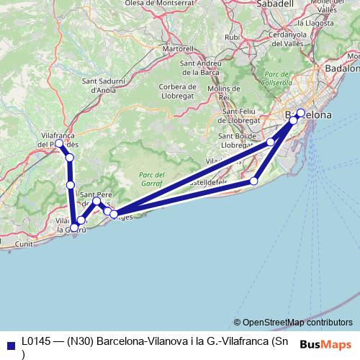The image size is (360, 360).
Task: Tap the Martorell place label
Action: click(179, 49)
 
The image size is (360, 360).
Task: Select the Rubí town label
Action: click(232, 37)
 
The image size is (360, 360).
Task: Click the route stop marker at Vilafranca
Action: click(59, 143)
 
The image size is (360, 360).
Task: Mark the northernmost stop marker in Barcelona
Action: click(301, 113)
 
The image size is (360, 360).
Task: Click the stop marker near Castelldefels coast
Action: click(253, 181)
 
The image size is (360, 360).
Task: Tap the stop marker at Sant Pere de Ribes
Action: click(96, 201)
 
